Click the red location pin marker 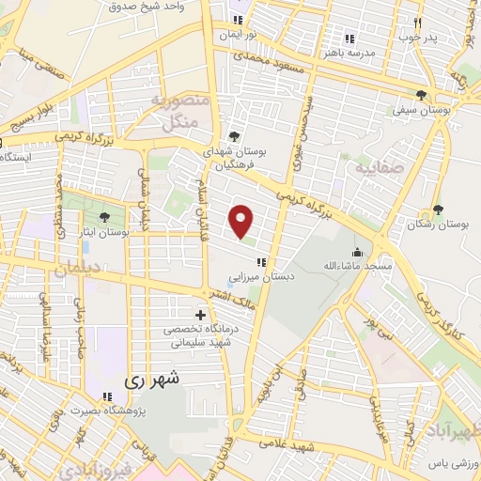(x=242, y=221)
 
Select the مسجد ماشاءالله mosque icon (x=356, y=252)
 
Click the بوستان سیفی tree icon (x=422, y=95)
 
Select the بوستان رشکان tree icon (x=438, y=209)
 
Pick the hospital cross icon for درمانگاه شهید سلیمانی (x=199, y=314)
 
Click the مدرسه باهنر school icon (x=349, y=39)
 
